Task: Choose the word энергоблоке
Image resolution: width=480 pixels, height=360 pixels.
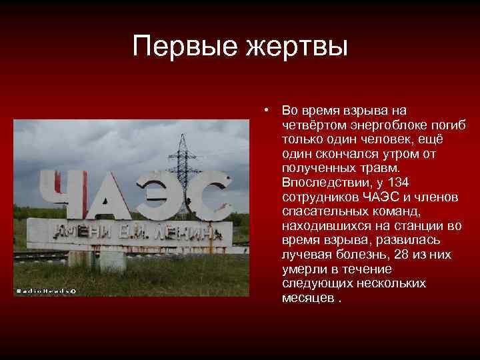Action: [x=391, y=125]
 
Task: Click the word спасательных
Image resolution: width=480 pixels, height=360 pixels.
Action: [x=323, y=211]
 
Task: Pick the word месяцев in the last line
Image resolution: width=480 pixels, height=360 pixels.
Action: [x=307, y=297]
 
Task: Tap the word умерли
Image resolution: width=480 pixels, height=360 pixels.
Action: [x=301, y=269]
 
